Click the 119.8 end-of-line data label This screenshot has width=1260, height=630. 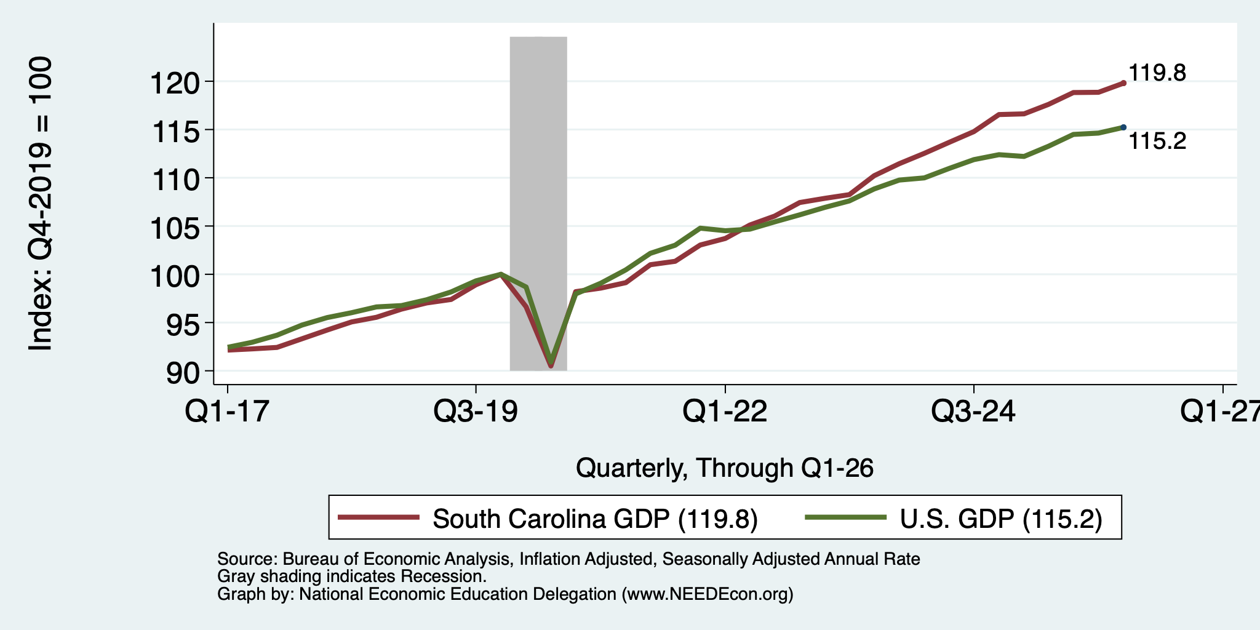point(1157,73)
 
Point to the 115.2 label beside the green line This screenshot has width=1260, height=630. point(1157,142)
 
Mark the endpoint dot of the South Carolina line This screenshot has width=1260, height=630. point(1123,82)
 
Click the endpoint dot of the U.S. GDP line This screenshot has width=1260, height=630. point(1123,127)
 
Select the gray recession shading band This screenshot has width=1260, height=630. point(538,203)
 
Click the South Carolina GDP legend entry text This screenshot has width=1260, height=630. point(595,519)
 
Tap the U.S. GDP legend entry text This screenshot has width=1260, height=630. point(1001,519)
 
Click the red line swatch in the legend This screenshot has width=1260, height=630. point(380,517)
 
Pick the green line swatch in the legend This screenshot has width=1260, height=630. point(847,517)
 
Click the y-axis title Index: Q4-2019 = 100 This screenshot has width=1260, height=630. point(41,204)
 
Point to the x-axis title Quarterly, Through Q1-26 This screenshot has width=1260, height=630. point(725,468)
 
